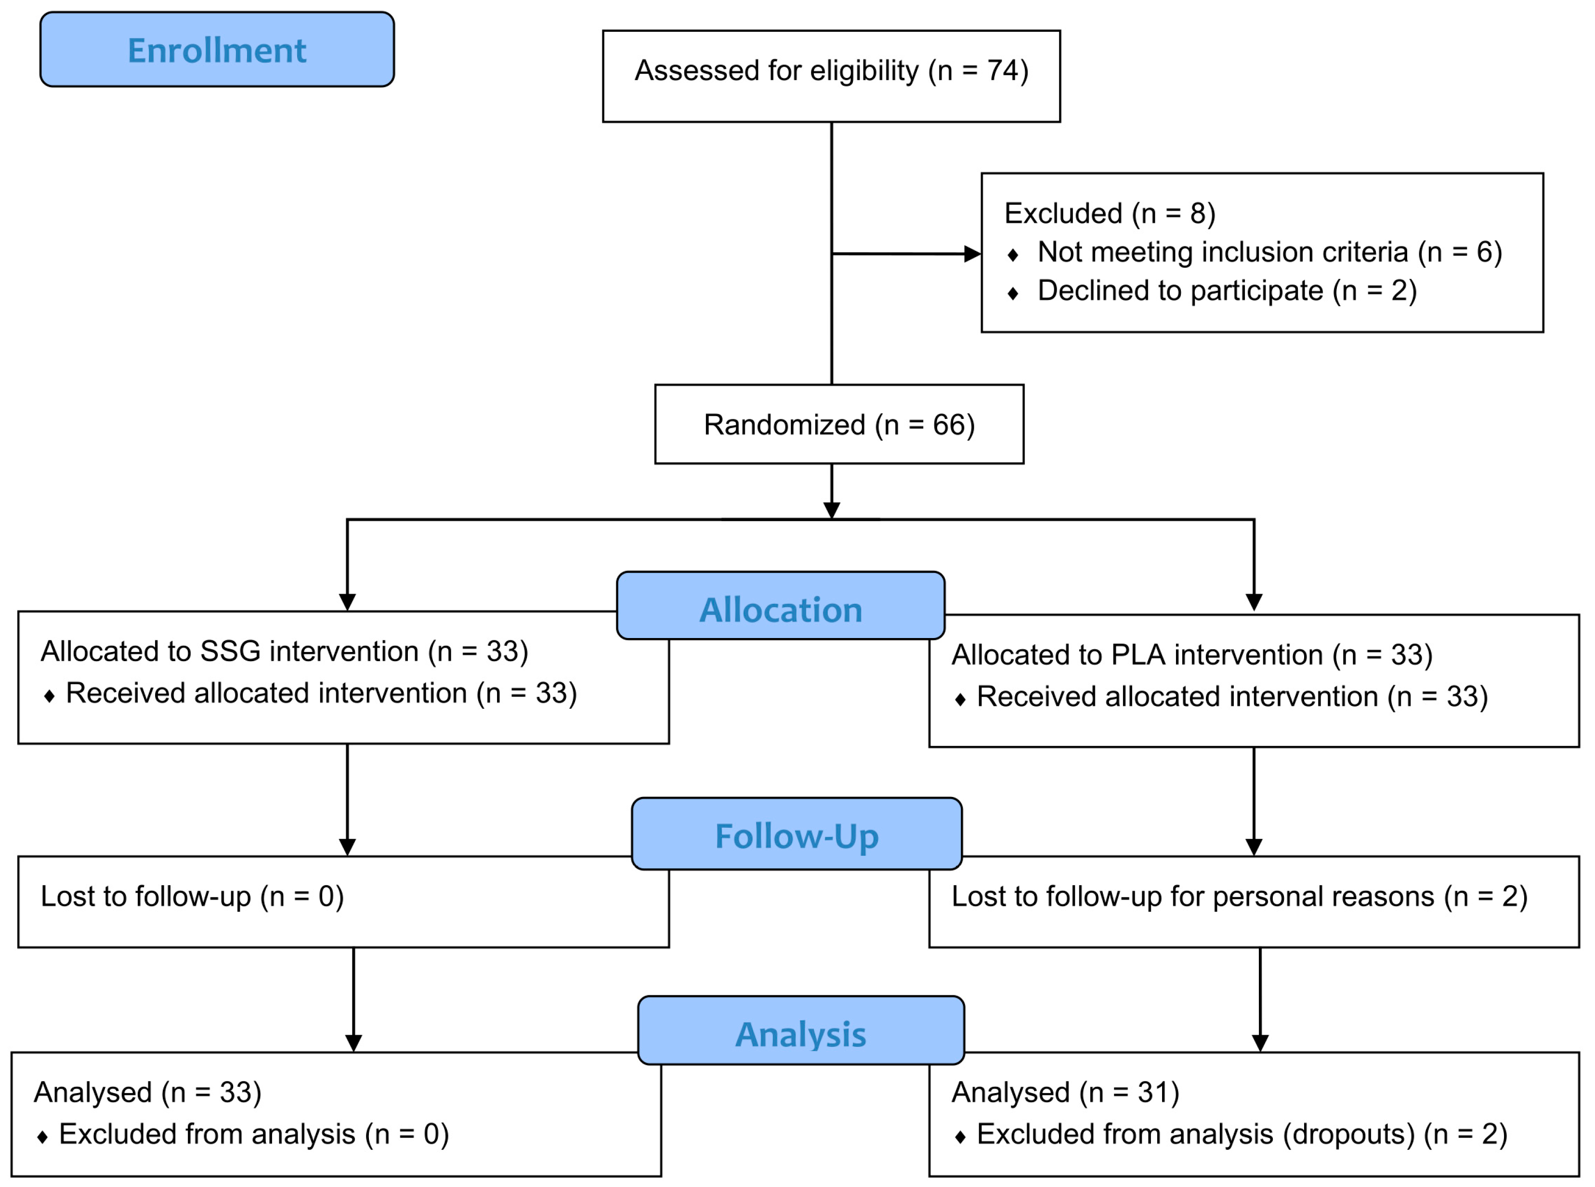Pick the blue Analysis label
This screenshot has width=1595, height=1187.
[800, 1035]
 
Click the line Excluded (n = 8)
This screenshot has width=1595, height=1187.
[1109, 213]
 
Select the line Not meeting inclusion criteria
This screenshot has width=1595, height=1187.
[1269, 252]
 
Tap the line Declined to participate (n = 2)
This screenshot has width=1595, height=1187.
[1227, 291]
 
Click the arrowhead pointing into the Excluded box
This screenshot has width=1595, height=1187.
[972, 254]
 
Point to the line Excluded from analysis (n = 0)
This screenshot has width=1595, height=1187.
[253, 1135]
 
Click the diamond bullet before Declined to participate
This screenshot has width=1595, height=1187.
[1012, 293]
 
